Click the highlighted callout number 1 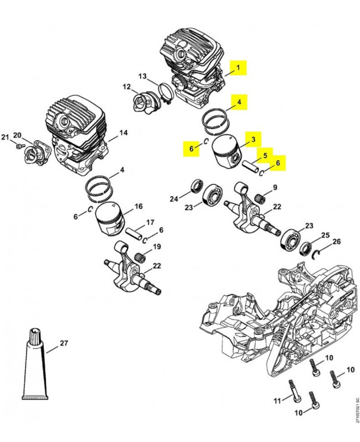click(x=239, y=69)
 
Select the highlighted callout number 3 click(x=253, y=140)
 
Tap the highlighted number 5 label click(x=264, y=156)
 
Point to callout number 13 click(x=142, y=76)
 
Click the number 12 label click(x=126, y=87)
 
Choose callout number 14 click(x=123, y=133)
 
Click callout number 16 click(x=139, y=206)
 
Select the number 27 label click(x=63, y=343)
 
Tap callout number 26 click(x=336, y=241)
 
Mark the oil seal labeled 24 click(x=195, y=186)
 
